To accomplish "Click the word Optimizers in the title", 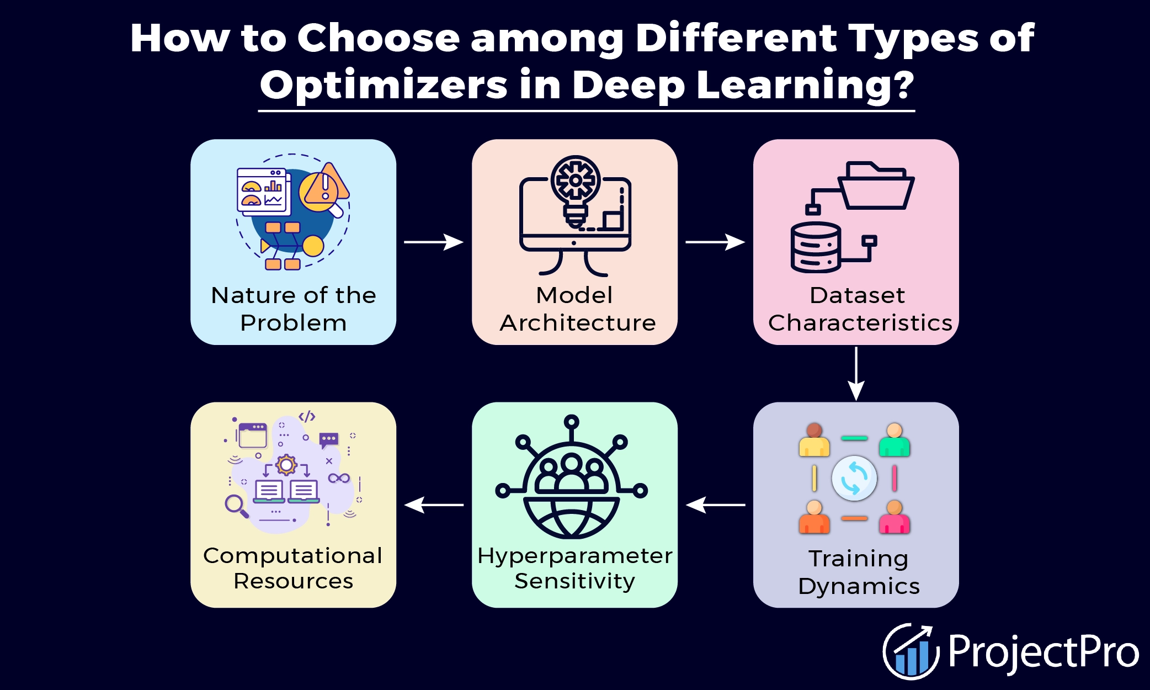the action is pos(384,85).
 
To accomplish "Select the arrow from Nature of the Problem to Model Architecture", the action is pos(434,242).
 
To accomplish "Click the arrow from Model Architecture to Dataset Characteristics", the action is pos(715,242).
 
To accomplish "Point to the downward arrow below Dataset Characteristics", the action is pos(856,374).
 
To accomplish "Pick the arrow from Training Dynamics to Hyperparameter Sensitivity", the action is pos(715,505).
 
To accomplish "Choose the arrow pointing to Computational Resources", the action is pos(434,505).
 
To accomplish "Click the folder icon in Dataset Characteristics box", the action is pos(876,185).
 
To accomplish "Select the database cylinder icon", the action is pos(816,247).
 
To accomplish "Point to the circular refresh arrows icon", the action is pos(854,478).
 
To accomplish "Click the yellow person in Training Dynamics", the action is pos(814,440).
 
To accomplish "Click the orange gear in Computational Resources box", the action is pos(286,465).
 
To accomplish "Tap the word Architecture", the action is pos(578,323).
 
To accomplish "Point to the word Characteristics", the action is pos(860,323).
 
